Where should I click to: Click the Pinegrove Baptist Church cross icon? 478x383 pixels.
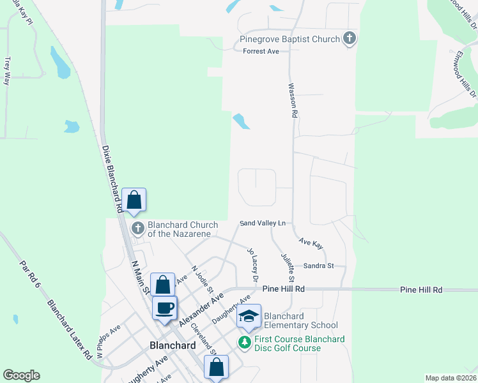[x=349, y=39]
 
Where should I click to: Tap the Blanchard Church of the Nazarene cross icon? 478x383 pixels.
[x=137, y=229]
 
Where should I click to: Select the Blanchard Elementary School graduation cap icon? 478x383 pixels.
[x=249, y=316]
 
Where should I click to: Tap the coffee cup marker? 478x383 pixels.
[x=165, y=308]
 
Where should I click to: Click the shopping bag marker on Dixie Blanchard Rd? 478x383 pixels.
[x=134, y=200]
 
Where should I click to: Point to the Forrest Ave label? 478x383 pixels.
[x=261, y=51]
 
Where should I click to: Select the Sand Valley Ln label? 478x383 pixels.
[x=262, y=223]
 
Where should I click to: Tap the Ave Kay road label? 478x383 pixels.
[x=311, y=243]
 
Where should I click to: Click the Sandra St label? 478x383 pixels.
[x=319, y=266]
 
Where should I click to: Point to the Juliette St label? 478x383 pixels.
[x=288, y=267]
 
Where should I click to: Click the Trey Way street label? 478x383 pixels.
[x=8, y=71]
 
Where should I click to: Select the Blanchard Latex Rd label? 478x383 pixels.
[x=70, y=329]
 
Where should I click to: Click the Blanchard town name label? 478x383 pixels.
[x=172, y=345]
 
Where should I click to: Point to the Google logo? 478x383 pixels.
[x=21, y=375]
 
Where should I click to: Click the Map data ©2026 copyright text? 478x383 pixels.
[x=451, y=378]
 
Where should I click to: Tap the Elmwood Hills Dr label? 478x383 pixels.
[x=464, y=82]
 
